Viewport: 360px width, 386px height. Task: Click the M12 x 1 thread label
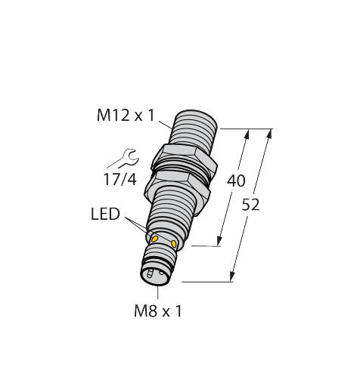click(126, 116)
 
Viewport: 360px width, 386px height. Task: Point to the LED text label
click(104, 215)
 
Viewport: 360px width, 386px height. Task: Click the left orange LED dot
click(155, 239)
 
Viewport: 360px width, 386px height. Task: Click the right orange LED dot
click(175, 244)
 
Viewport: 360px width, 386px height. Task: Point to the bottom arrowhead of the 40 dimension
click(219, 243)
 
